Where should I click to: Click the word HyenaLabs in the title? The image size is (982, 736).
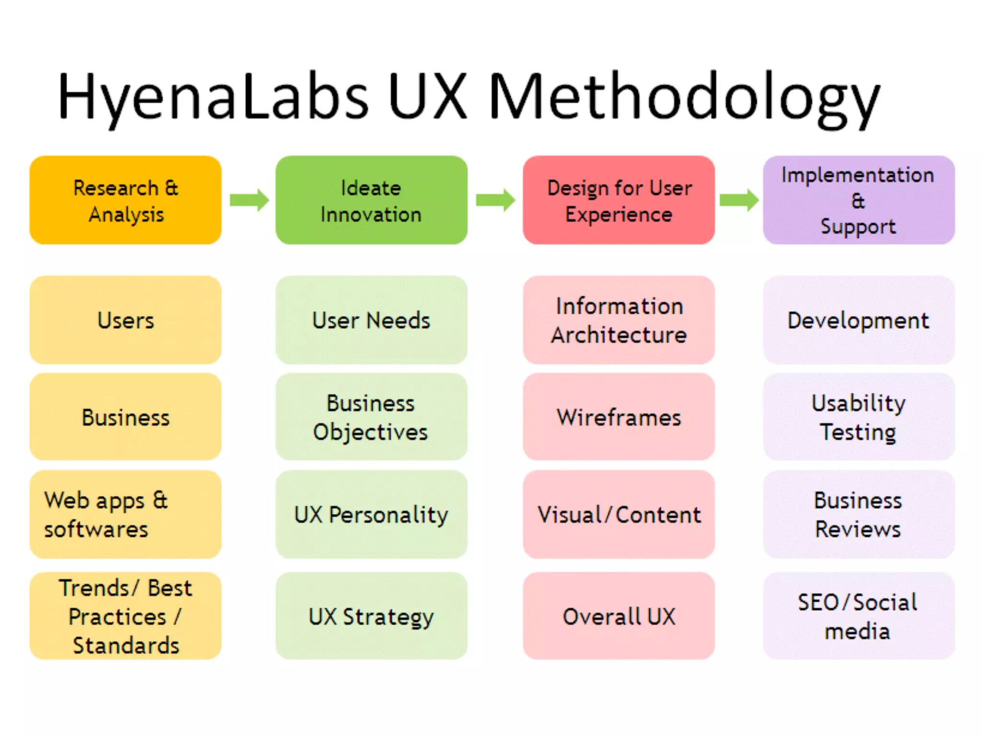[213, 96]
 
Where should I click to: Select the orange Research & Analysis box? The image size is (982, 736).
[126, 200]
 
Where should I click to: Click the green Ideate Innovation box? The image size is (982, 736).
[371, 200]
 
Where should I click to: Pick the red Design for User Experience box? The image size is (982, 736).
[619, 200]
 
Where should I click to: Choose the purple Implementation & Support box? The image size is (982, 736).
[858, 200]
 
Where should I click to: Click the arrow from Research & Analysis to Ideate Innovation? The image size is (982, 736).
[249, 200]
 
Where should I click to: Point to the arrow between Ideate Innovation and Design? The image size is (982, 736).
[495, 200]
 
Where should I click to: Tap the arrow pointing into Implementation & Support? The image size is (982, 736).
[739, 200]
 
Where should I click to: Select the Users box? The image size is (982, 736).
[126, 320]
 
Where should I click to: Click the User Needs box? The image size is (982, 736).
[371, 320]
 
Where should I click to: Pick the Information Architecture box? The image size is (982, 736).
[619, 320]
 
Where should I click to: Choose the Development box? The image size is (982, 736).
[858, 320]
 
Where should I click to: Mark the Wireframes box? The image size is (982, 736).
[619, 417]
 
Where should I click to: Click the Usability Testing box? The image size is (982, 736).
[858, 417]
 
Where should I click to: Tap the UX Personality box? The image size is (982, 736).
[371, 514]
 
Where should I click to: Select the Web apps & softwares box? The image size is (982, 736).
[126, 514]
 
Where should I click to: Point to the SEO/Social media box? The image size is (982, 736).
[858, 616]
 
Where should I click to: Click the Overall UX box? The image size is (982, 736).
[619, 616]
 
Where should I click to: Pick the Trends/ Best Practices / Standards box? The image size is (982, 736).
[126, 616]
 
